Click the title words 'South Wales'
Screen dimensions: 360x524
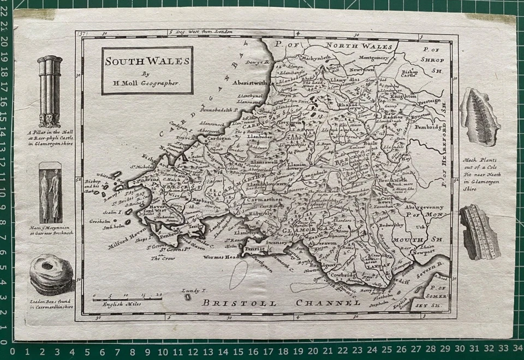pyautogui.click(x=147, y=61)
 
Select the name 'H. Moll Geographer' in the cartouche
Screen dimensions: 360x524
pyautogui.click(x=147, y=82)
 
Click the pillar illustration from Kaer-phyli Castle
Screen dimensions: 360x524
pyautogui.click(x=50, y=91)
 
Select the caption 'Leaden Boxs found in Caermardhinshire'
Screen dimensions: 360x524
pyautogui.click(x=51, y=304)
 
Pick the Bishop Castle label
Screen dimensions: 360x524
pyautogui.click(x=409, y=73)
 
